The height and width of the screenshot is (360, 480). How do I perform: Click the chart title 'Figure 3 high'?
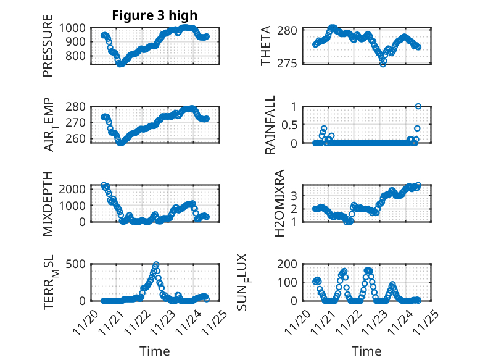coord(155,15)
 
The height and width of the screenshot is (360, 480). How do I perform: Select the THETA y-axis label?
coord(266,46)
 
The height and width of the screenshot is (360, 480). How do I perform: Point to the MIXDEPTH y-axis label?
coord(48,203)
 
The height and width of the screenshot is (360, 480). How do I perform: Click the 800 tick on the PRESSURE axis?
coord(78,56)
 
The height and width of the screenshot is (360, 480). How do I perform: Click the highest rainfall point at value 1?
coord(418,106)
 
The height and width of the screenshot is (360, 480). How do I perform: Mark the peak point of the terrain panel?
coord(155,264)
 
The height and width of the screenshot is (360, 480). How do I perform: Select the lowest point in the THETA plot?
coord(383,64)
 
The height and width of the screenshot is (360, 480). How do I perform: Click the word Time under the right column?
coord(366,351)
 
